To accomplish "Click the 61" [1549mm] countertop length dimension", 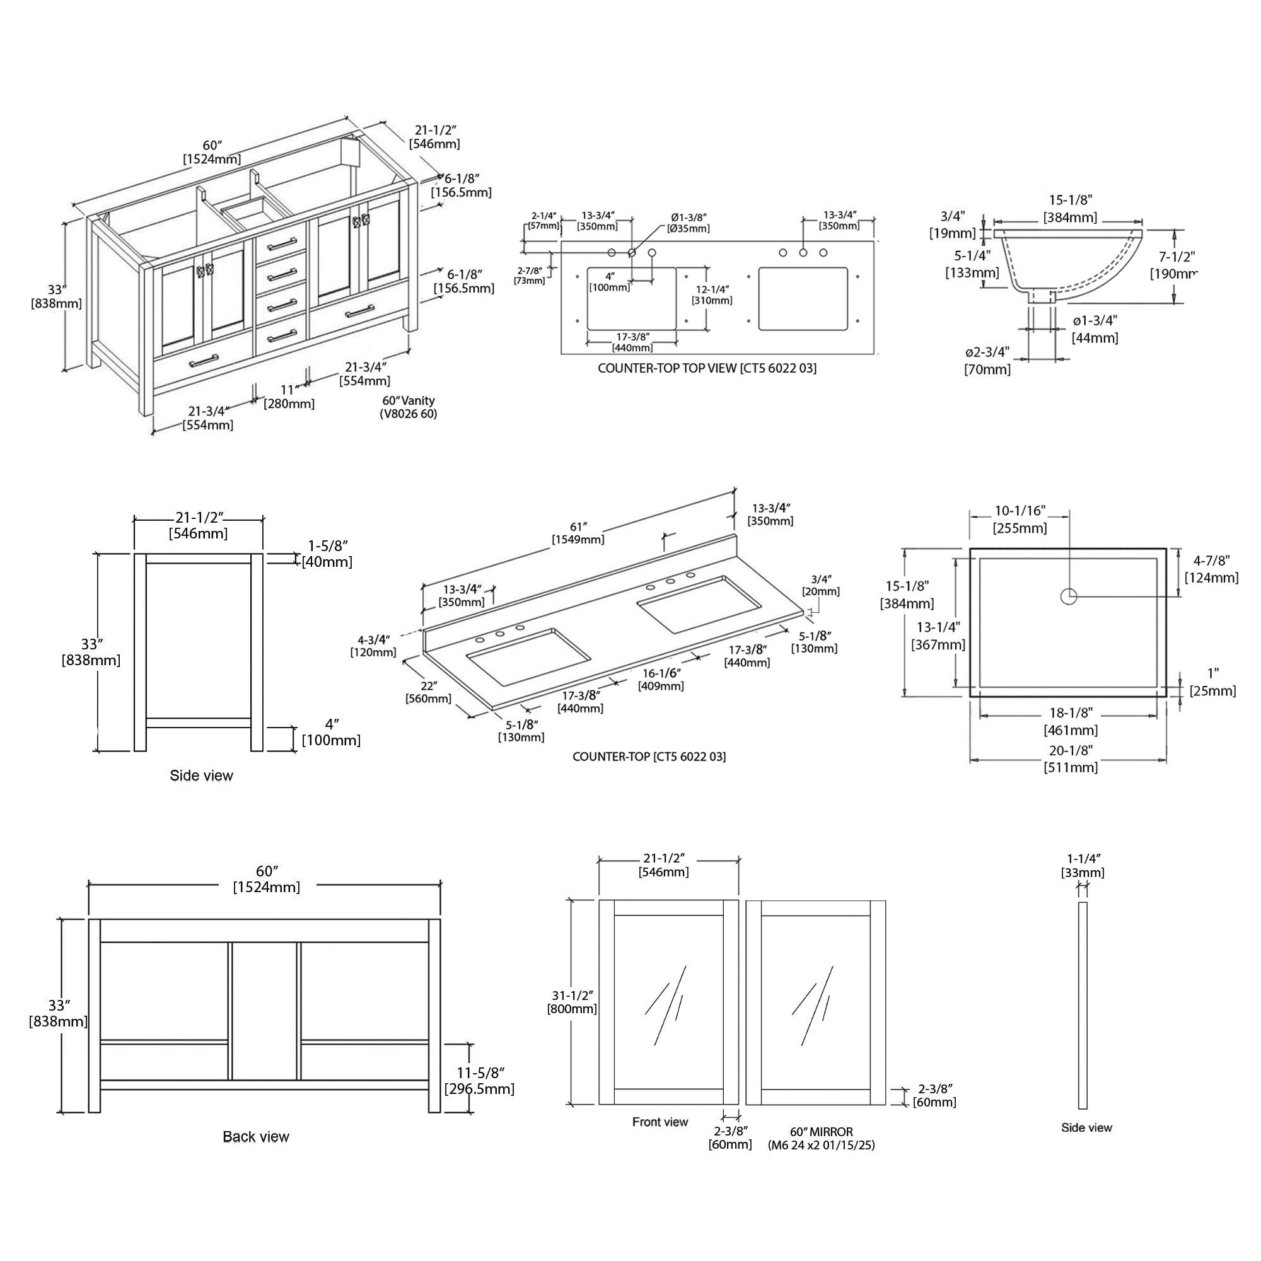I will tap(578, 533).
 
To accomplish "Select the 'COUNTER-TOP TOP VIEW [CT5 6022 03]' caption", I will tap(707, 368).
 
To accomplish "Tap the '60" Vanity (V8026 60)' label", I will tap(409, 407).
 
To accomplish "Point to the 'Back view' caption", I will tap(256, 1137).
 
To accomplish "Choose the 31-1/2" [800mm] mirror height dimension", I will tap(572, 1002).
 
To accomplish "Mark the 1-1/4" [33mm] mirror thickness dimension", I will tap(1083, 866).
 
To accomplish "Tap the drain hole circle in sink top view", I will tap(1069, 596).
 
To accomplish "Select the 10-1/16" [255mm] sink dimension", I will tap(1020, 520).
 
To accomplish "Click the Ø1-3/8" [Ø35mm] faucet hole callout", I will tap(689, 223).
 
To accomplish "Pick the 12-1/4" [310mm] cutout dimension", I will tap(712, 295).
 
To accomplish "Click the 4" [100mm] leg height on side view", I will tap(331, 732).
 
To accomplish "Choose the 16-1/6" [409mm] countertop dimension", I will tap(661, 680).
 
